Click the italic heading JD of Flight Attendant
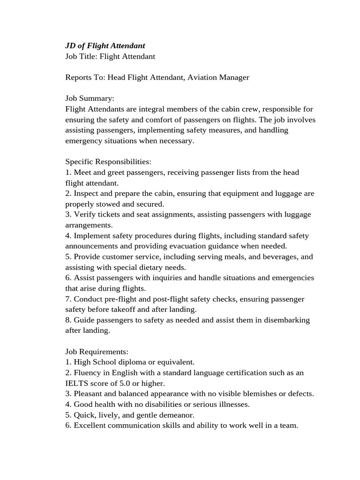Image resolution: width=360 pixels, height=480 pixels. pos(105,45)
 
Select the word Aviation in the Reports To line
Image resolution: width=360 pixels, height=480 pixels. pos(202,77)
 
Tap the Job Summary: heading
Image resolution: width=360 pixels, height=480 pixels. pos(90,98)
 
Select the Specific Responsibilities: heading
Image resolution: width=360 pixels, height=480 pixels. pos(108,162)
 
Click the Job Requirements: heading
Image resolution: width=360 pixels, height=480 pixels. pos(97,352)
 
